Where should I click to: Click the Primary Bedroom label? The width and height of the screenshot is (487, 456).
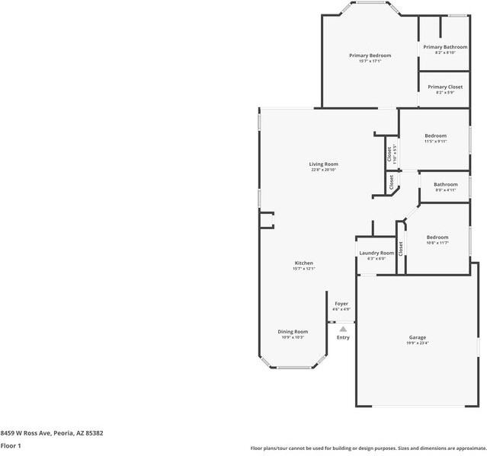click(x=370, y=56)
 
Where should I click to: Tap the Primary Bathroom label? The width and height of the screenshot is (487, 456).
click(x=445, y=47)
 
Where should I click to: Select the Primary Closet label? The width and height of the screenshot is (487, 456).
click(x=444, y=87)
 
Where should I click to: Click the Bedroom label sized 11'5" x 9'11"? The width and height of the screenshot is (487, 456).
click(x=435, y=136)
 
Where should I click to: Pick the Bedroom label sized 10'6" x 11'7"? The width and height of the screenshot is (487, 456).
click(x=437, y=238)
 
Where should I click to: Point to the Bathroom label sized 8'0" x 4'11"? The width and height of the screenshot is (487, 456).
click(x=446, y=184)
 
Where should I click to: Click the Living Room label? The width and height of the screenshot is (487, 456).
click(x=323, y=164)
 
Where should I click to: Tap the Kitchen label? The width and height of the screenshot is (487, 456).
click(x=303, y=263)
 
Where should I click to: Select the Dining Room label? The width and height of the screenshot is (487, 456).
click(x=292, y=331)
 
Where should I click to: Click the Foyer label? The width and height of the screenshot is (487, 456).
click(x=341, y=304)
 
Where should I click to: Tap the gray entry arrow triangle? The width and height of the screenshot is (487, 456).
click(x=343, y=329)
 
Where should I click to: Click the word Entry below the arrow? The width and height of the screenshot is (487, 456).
click(x=343, y=337)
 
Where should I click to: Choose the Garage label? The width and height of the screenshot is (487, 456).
click(x=417, y=337)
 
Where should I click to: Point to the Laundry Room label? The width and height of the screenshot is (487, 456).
click(x=376, y=253)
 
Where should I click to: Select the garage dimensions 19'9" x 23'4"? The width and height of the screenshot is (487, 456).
click(x=417, y=343)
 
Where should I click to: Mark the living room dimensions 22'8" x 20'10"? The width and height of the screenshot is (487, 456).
click(x=323, y=170)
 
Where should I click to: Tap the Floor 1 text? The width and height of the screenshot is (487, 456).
click(x=11, y=445)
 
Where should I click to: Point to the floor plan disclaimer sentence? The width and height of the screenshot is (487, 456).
click(x=368, y=448)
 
